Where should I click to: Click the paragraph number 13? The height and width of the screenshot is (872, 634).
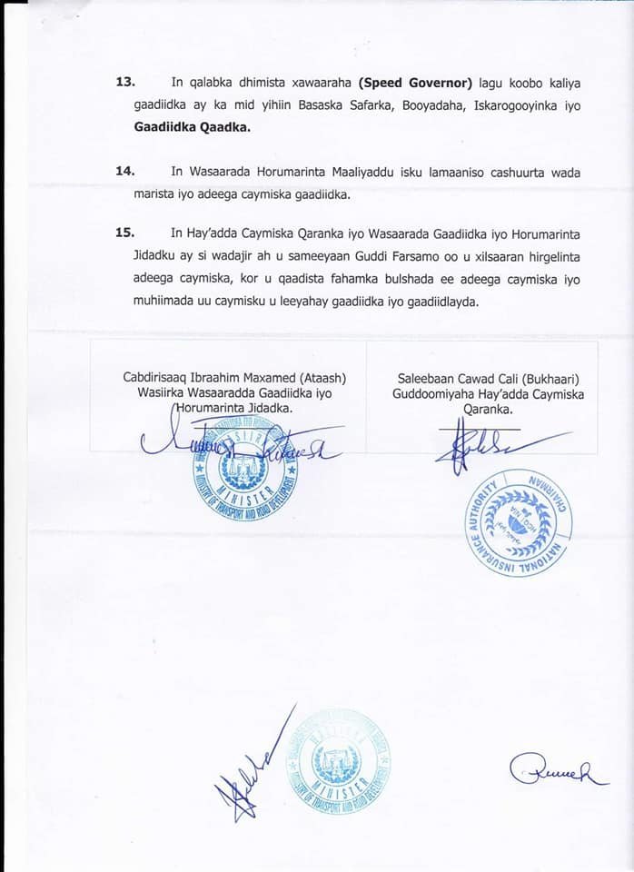(x=125, y=83)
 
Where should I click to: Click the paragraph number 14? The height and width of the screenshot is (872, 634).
(x=125, y=172)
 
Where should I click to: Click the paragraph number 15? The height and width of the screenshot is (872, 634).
(x=125, y=232)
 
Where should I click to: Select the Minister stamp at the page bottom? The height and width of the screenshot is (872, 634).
(x=336, y=760)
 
